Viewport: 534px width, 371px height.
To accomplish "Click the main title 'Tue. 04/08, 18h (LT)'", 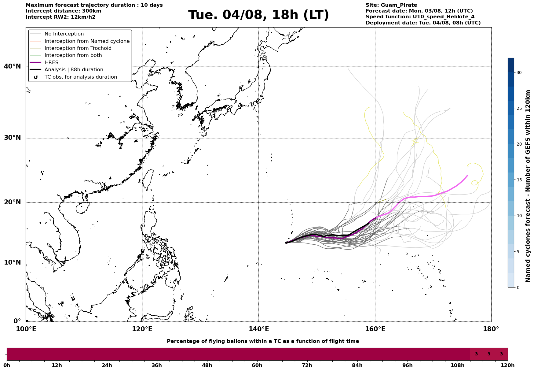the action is coord(258,15).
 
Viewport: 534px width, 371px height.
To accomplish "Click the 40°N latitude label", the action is coord(13,66).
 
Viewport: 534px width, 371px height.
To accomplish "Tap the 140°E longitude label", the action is coord(258,329).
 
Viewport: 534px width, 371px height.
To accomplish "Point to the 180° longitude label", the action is coord(491,329).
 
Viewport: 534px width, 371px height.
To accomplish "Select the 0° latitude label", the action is coord(17,321).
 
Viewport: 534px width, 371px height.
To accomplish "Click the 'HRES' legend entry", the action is coord(51,63).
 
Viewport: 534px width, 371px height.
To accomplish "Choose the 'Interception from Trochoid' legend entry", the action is coord(78,48).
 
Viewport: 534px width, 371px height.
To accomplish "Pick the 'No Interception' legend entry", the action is coord(64,34).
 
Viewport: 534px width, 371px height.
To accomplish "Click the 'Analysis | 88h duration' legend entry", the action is coord(74,70).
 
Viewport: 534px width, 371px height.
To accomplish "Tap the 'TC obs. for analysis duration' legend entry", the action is coord(81,77).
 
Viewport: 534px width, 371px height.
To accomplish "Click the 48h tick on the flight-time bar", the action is coord(207,365).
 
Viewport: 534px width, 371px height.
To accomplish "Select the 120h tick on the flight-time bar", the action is coord(508,365).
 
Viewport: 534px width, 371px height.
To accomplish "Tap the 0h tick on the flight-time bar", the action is coord(7,365).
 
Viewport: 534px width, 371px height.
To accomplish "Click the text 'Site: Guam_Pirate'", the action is coord(391,5).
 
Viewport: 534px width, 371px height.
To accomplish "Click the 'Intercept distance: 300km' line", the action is coord(64,11).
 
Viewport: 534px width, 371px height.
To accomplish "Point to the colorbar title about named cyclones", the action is coord(528,186).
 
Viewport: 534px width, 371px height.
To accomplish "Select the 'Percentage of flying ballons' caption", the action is coord(263,341).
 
